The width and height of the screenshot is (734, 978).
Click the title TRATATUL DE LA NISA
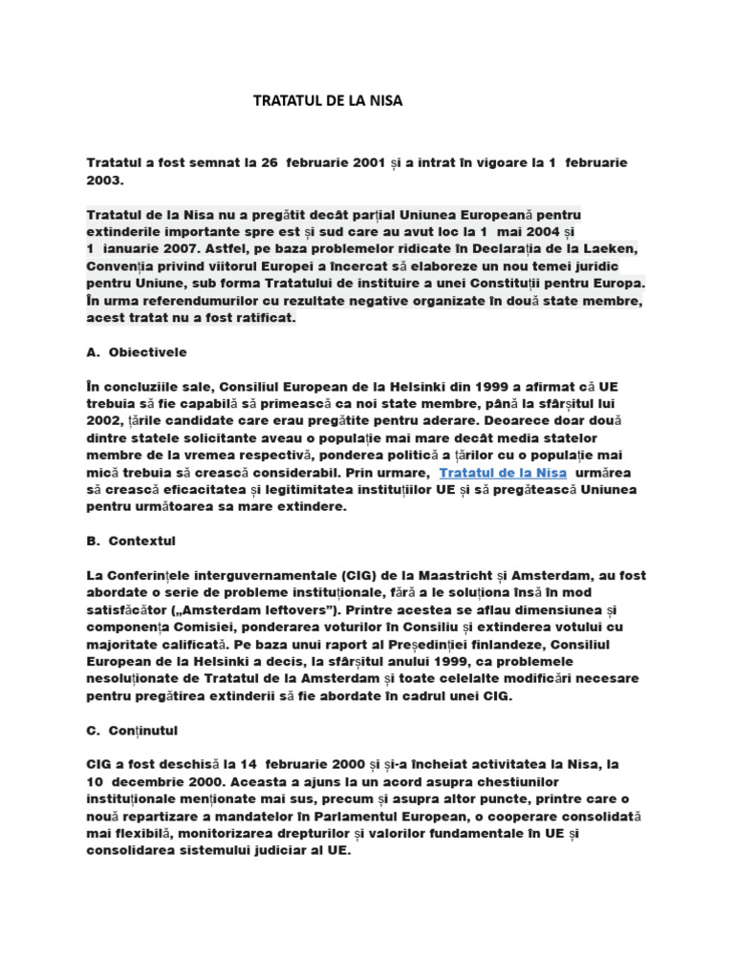click(328, 100)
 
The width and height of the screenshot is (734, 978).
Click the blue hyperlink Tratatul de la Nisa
click(503, 473)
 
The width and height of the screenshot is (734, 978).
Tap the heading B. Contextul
click(131, 541)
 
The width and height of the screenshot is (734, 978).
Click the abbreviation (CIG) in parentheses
click(356, 575)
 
